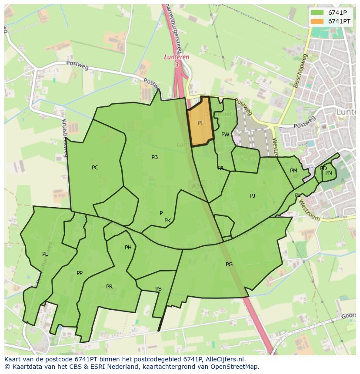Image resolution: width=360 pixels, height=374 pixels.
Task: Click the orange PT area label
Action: pyautogui.click(x=200, y=123)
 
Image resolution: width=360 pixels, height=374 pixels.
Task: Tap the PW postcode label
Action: pyautogui.click(x=225, y=135)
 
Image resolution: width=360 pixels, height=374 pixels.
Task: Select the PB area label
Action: pyautogui.click(x=154, y=157)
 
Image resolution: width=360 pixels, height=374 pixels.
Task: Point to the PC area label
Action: pyautogui.click(x=95, y=168)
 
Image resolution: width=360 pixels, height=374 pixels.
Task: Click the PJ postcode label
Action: pyautogui.click(x=253, y=196)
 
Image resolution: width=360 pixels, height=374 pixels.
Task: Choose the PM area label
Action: pyautogui.click(x=293, y=171)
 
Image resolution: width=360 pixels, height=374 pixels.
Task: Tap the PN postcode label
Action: pyautogui.click(x=329, y=173)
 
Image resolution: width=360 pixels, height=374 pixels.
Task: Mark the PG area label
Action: pyautogui.click(x=229, y=265)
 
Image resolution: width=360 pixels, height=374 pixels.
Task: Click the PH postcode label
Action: pyautogui.click(x=128, y=248)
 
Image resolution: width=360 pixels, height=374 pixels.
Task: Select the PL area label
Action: pyautogui.click(x=45, y=254)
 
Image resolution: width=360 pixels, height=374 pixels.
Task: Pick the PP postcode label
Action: pyautogui.click(x=79, y=273)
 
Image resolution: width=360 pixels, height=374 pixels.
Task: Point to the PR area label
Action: pyautogui.click(x=109, y=287)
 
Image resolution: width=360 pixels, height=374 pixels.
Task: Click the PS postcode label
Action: pyautogui.click(x=158, y=289)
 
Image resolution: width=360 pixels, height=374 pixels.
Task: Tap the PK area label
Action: pyautogui.click(x=167, y=221)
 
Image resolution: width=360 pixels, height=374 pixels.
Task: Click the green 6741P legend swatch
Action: pyautogui.click(x=317, y=13)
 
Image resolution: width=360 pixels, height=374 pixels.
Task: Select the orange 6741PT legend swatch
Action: pyautogui.click(x=317, y=21)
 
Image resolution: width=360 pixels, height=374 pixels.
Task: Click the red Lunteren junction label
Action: pyautogui.click(x=177, y=57)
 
